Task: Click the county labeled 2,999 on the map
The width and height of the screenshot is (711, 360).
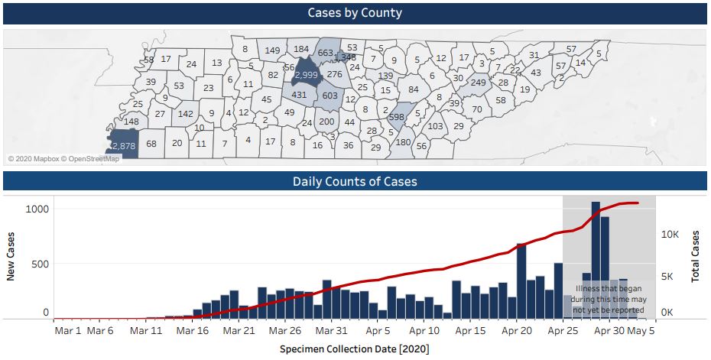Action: pos(306,75)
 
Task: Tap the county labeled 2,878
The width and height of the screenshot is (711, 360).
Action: pos(123,145)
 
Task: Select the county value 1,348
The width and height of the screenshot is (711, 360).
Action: pos(345,57)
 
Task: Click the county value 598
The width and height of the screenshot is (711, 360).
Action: pos(396,117)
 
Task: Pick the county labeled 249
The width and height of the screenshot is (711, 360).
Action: pos(479,83)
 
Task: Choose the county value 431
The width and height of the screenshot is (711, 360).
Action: pos(299,95)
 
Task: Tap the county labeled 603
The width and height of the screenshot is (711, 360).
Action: pos(330,96)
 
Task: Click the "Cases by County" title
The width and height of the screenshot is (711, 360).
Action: pos(355,13)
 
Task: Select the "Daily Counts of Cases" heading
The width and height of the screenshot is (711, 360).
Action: pos(355,182)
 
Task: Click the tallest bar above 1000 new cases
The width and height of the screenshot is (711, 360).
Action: pos(596,260)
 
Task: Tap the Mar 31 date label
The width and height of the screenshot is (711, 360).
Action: pos(331,331)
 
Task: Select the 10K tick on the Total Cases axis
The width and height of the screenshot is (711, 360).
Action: pos(670,235)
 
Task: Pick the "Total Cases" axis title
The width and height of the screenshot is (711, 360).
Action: pos(696,257)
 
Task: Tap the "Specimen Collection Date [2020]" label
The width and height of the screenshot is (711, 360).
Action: pos(354,349)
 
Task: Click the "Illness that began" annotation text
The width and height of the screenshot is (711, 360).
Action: pos(609,300)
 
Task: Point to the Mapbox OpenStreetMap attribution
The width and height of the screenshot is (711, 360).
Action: pos(64,159)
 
